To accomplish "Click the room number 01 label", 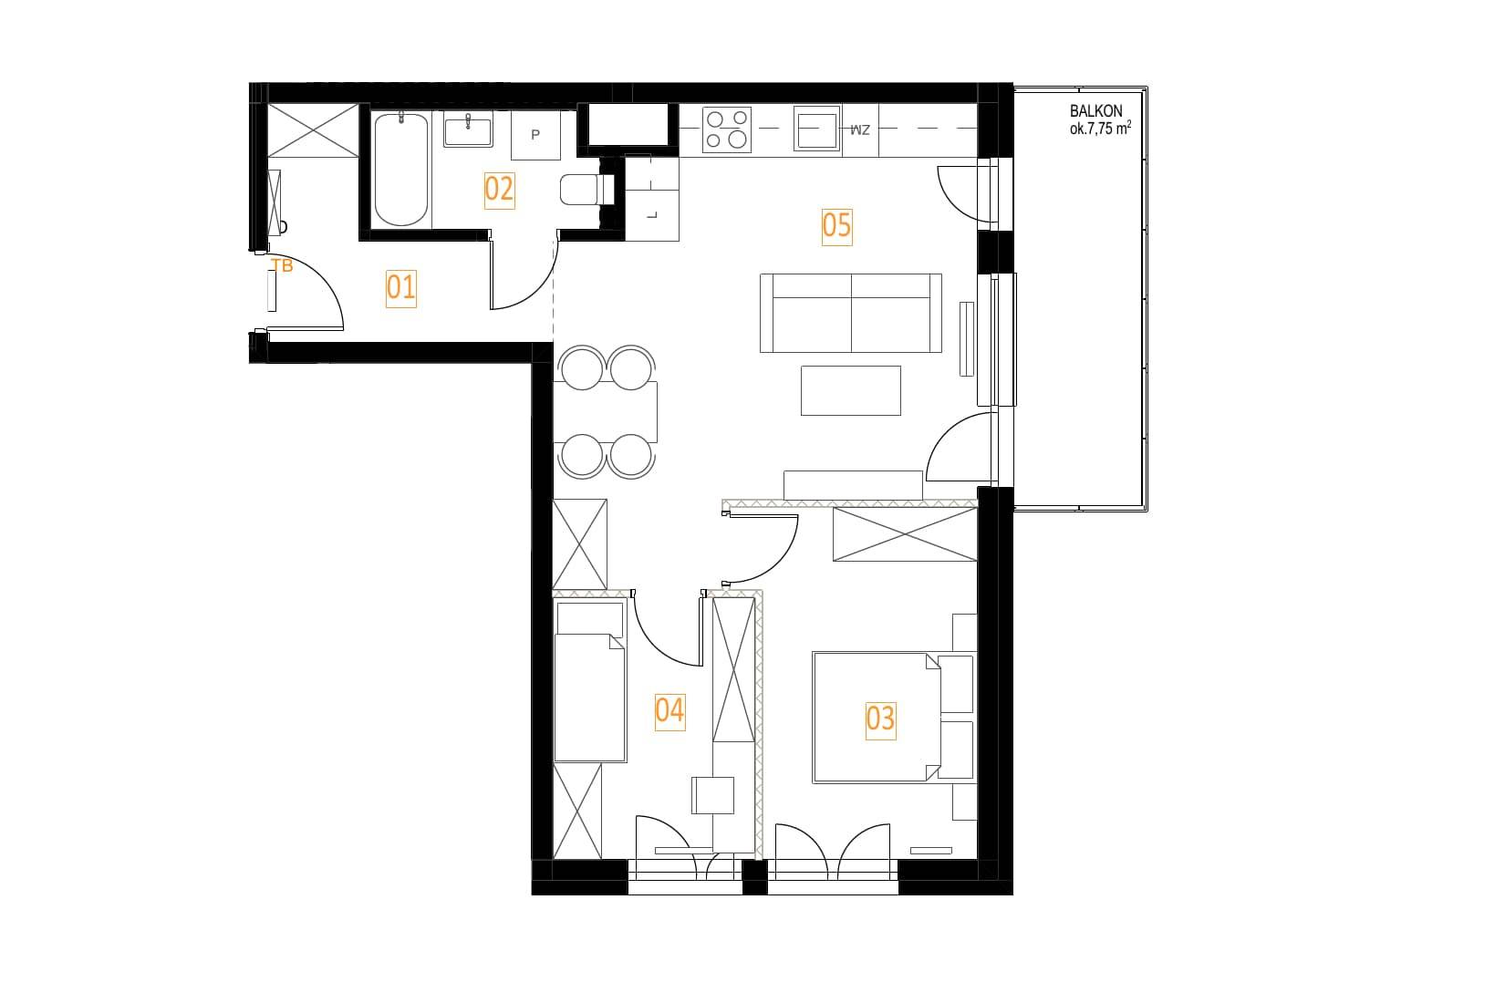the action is (401, 288).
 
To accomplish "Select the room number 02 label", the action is (499, 191).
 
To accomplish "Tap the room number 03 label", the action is (880, 720).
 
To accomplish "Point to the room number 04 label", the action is (669, 711).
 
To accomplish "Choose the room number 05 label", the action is (836, 226).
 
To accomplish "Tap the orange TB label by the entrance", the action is (282, 266).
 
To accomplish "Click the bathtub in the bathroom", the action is (401, 170).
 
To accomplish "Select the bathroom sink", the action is (468, 129).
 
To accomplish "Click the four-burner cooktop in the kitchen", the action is (727, 129).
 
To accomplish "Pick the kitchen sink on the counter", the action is (817, 129).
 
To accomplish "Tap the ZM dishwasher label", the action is (860, 129).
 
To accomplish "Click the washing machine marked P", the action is (535, 135).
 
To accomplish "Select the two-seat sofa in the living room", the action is (851, 313).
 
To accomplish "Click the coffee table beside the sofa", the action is (851, 391).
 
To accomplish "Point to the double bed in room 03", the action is (893, 718).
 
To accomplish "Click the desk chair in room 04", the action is (713, 795).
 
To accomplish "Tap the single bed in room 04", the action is (590, 683).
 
